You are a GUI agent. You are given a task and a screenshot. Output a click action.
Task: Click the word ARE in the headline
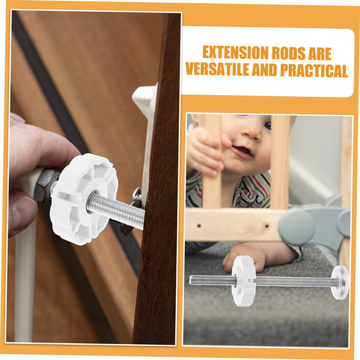(x=318, y=53)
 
